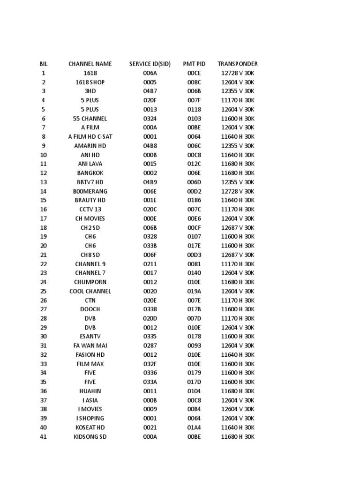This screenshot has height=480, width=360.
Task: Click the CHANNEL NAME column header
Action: coord(90,64)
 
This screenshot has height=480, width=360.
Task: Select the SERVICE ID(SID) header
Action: coord(150,64)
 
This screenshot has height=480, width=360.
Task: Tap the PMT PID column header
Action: coord(194,64)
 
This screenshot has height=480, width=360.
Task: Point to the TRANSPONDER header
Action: coord(238,64)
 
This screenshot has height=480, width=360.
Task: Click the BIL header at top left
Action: coord(44,64)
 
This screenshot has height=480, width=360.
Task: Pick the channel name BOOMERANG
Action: coord(90,191)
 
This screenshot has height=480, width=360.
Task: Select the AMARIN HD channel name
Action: coord(90,146)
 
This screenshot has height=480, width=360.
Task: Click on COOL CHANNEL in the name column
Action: coord(90,291)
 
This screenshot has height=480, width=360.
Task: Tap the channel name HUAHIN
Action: coord(90,391)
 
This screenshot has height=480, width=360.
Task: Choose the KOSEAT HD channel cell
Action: coord(90,427)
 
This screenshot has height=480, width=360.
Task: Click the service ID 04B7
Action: coord(150,91)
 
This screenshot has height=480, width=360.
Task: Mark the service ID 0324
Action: coord(150,119)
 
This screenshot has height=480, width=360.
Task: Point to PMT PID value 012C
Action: coord(194,164)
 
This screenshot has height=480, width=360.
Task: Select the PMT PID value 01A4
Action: coord(194,427)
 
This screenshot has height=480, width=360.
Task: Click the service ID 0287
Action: coord(150,345)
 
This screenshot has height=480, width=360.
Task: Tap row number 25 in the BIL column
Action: coord(44,291)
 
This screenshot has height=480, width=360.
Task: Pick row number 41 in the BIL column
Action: coord(44,436)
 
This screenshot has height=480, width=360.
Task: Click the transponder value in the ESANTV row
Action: coord(238,337)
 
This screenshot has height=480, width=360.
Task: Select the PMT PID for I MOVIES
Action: coord(194,409)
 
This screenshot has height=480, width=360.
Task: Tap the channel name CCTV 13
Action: coord(90,210)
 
